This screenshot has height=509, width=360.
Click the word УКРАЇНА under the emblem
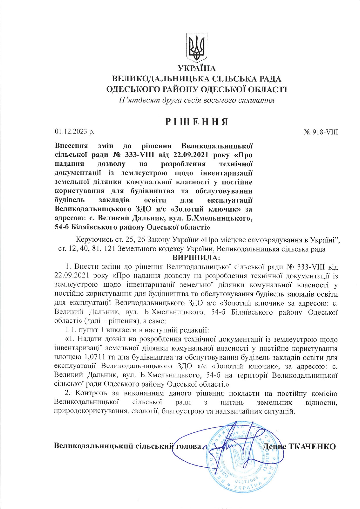click(197, 68)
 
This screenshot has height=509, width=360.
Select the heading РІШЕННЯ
click(197, 122)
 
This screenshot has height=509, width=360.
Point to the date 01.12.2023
click(71, 132)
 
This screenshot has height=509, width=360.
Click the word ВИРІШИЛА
click(197, 258)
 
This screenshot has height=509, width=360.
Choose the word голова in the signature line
click(188, 446)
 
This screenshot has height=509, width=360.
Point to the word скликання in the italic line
click(258, 101)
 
